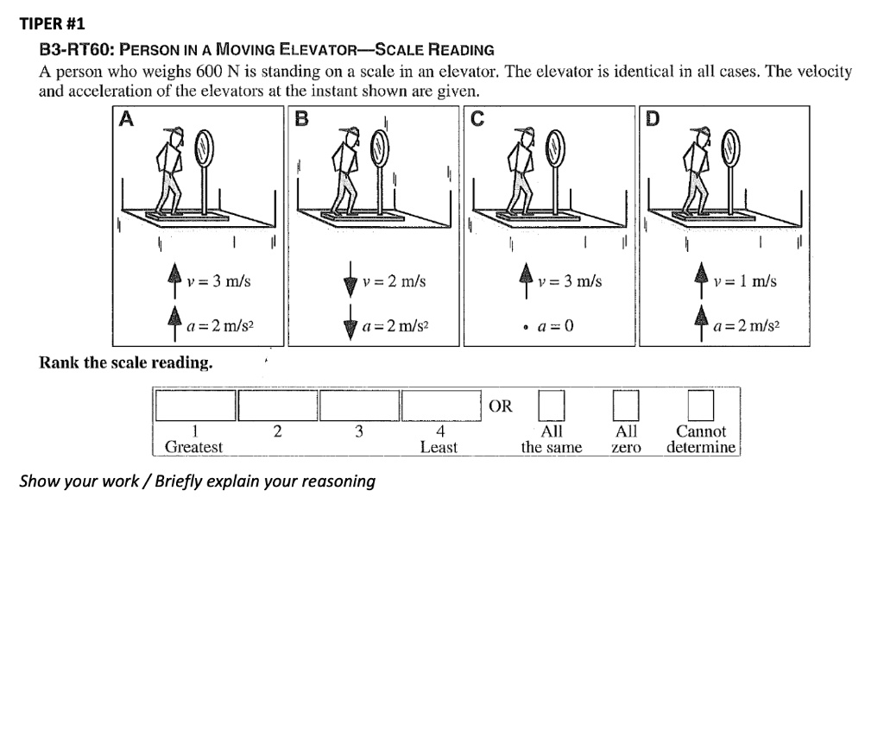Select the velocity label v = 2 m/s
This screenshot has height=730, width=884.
pyautogui.click(x=394, y=281)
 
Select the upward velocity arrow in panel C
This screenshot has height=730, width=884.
pyautogui.click(x=524, y=280)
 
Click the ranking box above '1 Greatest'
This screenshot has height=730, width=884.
pyautogui.click(x=195, y=405)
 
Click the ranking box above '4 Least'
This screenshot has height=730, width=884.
pyautogui.click(x=439, y=405)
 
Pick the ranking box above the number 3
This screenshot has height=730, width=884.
pyautogui.click(x=359, y=405)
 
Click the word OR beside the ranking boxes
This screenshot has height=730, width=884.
pyautogui.click(x=501, y=406)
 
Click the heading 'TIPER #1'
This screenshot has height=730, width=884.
pyautogui.click(x=53, y=23)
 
